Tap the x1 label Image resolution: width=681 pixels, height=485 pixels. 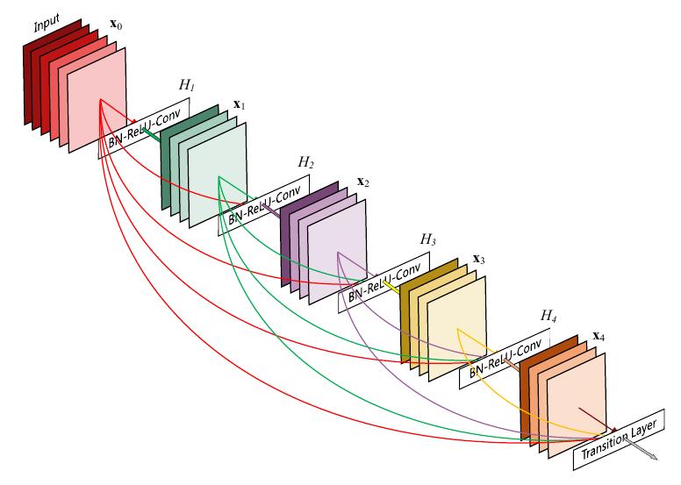(x=238, y=105)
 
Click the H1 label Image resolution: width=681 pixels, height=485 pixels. (x=187, y=84)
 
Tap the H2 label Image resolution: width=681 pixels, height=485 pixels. (x=306, y=162)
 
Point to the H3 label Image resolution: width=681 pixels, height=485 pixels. (x=427, y=239)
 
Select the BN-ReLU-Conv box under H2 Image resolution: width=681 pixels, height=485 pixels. (x=268, y=205)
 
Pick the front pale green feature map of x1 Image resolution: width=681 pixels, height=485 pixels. (x=219, y=175)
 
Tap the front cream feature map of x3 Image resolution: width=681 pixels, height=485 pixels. (x=457, y=328)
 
